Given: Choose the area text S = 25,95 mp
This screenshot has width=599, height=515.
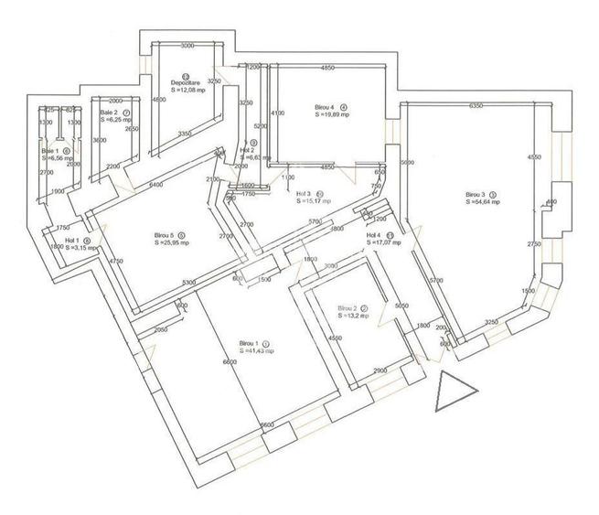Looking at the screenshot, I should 171,242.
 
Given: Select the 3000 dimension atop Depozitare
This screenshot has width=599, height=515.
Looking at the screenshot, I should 189,45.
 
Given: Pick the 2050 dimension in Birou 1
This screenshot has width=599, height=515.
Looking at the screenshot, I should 164,329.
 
